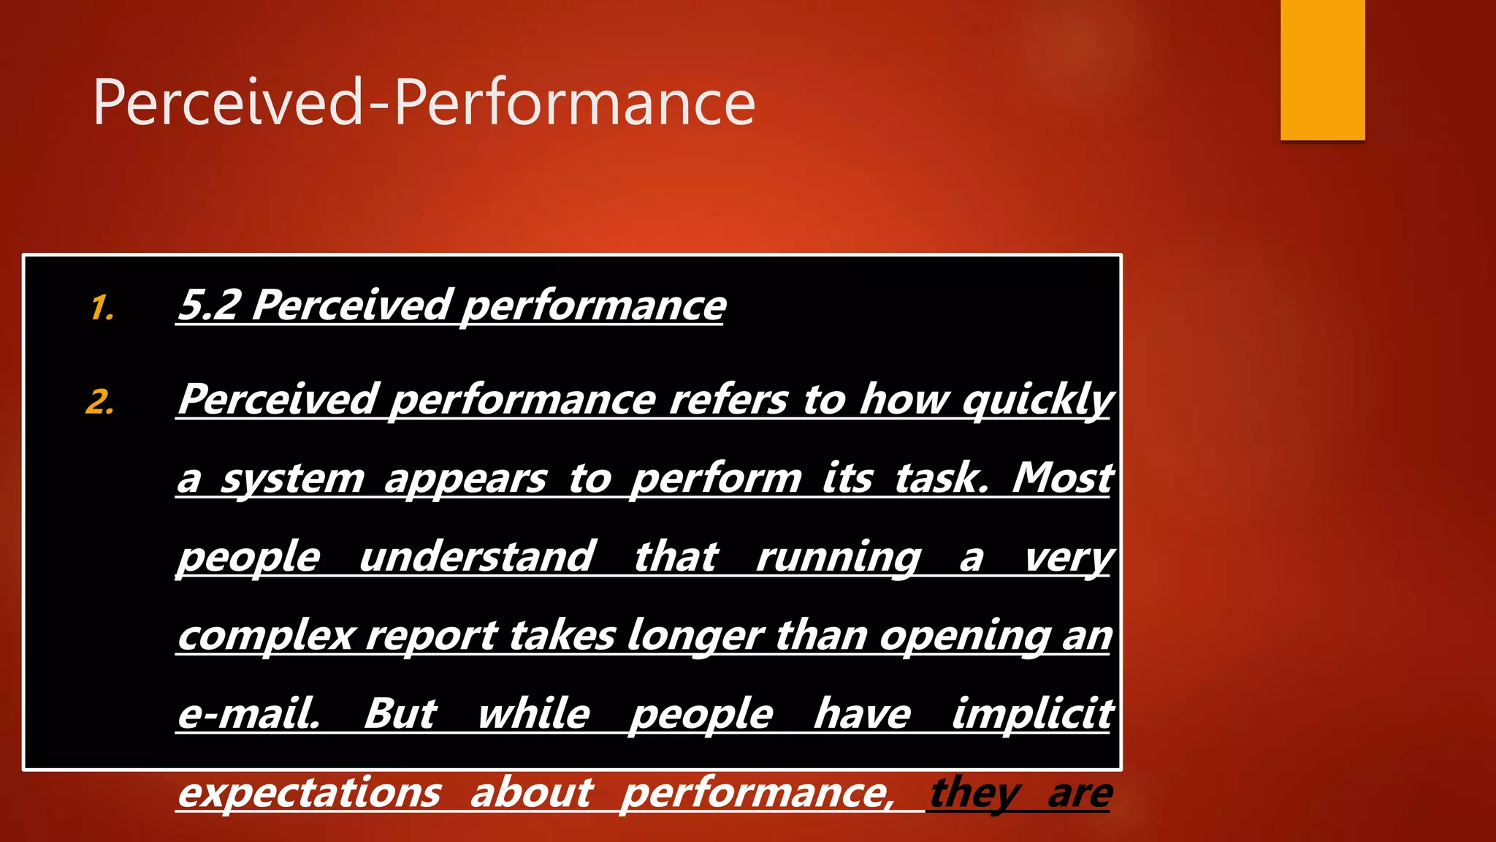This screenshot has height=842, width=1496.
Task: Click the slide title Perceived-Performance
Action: (424, 102)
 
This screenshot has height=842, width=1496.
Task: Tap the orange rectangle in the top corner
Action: (1322, 70)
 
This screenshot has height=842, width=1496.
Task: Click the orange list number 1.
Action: (102, 308)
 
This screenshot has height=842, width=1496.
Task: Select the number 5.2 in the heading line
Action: (210, 305)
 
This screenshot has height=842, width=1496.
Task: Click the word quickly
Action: (1037, 401)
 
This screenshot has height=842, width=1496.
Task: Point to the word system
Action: (292, 479)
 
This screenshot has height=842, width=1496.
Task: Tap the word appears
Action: (465, 479)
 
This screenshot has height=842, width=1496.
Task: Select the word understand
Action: (477, 557)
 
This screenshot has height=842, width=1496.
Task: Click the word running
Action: (839, 557)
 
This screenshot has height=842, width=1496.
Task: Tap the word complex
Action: (266, 636)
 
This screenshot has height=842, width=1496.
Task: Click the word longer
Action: (695, 634)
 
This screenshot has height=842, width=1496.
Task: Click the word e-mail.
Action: (248, 713)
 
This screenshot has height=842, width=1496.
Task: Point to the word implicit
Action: (1032, 713)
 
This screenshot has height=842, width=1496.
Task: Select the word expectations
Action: (310, 792)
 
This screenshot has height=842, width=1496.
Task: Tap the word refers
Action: (728, 401)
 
